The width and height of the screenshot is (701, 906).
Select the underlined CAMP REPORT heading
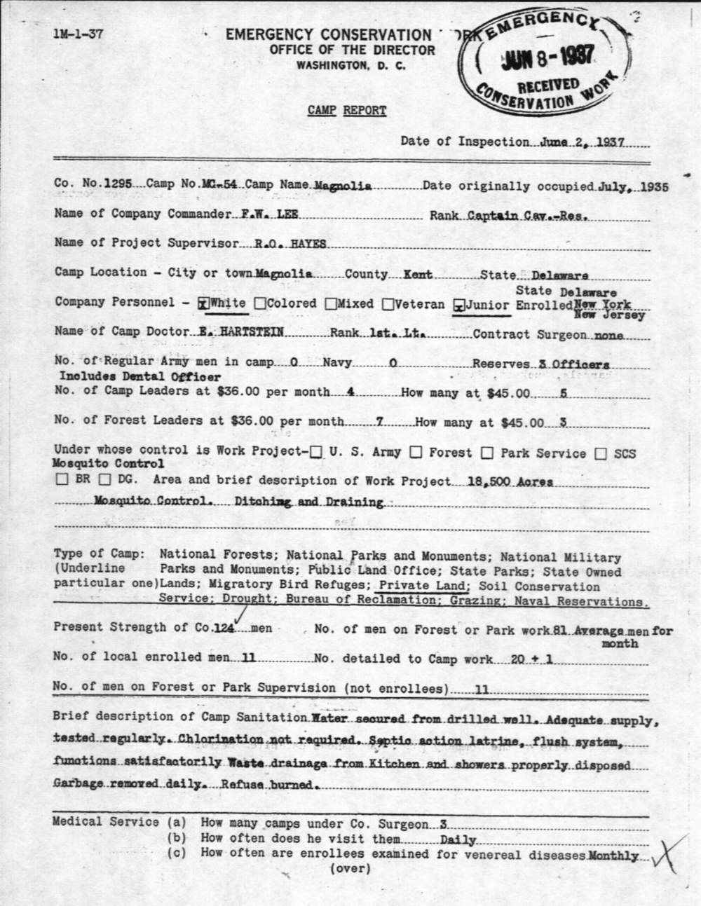(346, 110)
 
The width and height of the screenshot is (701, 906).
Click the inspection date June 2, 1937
(584, 142)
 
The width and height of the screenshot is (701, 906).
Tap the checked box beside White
(204, 304)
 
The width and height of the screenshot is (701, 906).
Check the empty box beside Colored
(260, 304)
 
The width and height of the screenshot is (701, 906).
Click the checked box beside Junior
(459, 305)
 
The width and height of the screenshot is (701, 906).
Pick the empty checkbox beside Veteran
(388, 304)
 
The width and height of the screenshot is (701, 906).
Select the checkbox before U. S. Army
(316, 453)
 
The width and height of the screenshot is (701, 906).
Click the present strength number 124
(224, 629)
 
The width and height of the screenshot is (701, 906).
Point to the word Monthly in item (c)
(613, 856)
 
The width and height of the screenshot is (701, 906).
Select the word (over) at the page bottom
(350, 869)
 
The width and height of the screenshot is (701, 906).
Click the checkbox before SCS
(601, 454)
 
